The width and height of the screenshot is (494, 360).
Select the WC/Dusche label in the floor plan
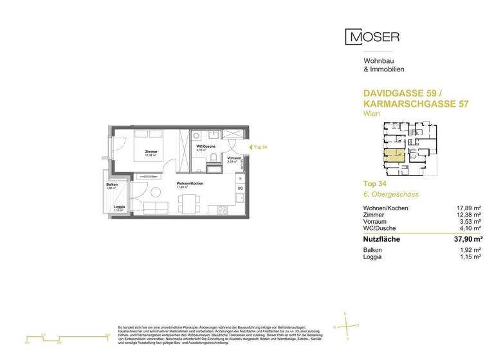205,148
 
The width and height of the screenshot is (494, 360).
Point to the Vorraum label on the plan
234,159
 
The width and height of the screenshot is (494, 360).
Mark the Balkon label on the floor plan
112,186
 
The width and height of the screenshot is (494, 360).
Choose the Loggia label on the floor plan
119,207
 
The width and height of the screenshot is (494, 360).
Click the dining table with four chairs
188,204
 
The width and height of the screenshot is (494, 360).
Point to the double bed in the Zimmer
151,143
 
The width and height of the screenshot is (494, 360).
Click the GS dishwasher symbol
239,188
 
